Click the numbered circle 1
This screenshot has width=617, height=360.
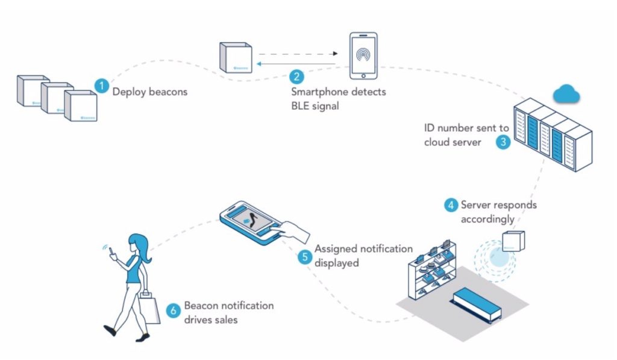point(102,85)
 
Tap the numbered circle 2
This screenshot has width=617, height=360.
point(296,77)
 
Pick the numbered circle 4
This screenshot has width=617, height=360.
point(451,205)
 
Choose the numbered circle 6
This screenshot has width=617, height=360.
point(174,311)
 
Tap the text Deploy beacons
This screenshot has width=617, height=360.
point(150,92)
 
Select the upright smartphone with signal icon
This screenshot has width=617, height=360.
point(363,55)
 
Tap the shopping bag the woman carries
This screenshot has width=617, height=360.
point(148,307)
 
